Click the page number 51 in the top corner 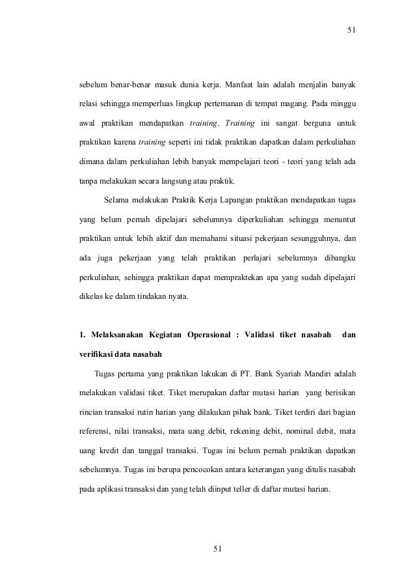352,29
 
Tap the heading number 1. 81,336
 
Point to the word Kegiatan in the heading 161,336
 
